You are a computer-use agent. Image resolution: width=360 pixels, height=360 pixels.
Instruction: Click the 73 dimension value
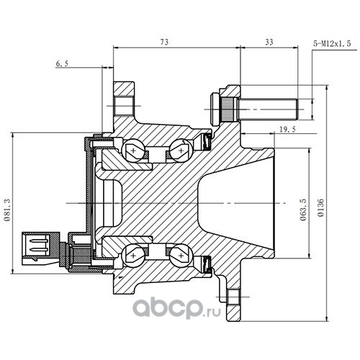[164, 42]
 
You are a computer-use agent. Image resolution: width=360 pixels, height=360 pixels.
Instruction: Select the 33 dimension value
[269, 42]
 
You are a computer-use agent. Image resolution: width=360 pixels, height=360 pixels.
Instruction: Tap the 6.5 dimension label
[62, 63]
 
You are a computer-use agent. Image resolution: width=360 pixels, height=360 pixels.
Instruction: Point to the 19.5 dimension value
[288, 130]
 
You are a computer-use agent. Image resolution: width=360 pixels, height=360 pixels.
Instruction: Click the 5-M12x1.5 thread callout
[332, 43]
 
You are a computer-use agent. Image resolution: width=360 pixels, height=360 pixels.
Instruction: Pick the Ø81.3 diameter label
[7, 209]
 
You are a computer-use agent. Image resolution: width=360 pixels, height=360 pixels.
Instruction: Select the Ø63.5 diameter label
[303, 209]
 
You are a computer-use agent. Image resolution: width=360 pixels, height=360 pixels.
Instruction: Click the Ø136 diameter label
[321, 207]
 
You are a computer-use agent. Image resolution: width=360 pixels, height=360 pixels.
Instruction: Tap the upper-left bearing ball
[133, 151]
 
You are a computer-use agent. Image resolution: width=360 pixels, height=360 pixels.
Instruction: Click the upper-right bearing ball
[181, 150]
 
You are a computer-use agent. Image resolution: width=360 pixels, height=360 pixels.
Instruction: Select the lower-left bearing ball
[133, 256]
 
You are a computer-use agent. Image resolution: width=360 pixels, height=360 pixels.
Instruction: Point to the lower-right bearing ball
[181, 256]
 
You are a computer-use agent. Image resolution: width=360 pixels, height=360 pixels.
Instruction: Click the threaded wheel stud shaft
[267, 109]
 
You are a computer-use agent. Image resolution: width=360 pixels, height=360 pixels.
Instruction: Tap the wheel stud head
[215, 109]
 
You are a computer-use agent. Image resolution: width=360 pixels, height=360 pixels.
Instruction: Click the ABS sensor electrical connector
[40, 248]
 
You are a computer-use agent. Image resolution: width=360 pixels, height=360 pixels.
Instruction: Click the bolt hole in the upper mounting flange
[124, 106]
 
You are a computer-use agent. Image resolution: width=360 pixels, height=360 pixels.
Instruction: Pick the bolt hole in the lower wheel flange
[233, 297]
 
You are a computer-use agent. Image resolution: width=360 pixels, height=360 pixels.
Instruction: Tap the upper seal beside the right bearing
[207, 141]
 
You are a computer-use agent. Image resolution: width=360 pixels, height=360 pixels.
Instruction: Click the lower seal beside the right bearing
[207, 265]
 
